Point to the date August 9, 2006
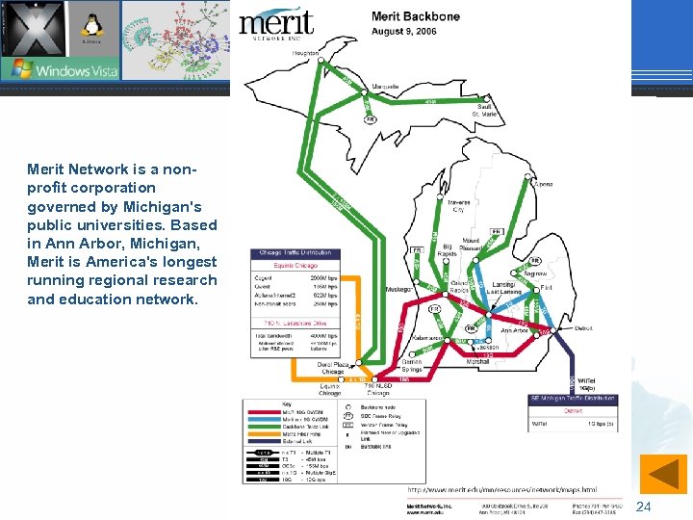click(403, 31)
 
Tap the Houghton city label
click(306, 53)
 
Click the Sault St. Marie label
click(484, 110)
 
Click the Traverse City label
click(458, 207)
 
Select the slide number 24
click(644, 507)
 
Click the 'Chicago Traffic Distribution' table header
click(295, 253)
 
